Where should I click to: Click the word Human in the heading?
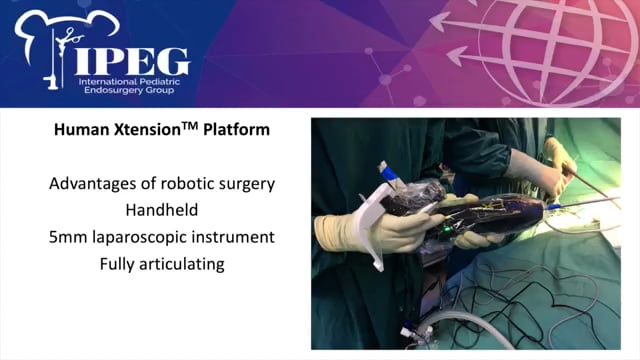[77, 131]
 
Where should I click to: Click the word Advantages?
[96, 184]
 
